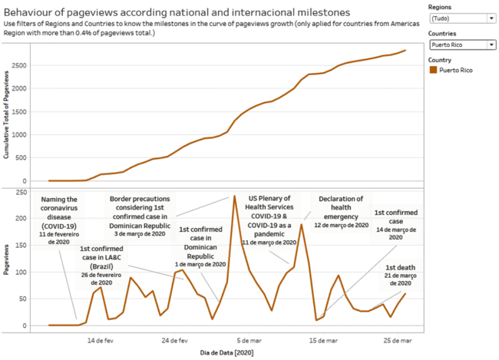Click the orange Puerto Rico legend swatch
coord(434,70)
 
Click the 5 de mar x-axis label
coord(247,339)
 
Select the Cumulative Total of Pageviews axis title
coord(7,115)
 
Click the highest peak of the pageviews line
coord(234,197)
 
